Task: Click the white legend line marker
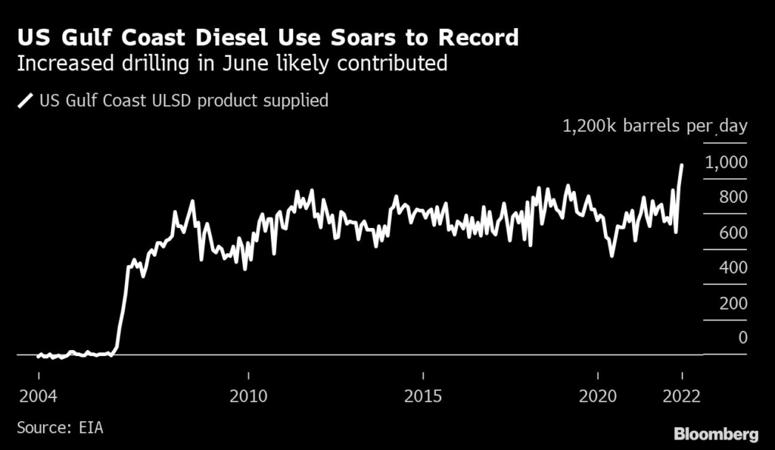tap(25, 100)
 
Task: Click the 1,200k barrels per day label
tap(655, 126)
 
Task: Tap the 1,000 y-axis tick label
tap(726, 162)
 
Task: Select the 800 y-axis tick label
tap(733, 197)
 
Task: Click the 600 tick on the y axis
tap(733, 233)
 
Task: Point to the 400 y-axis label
tap(733, 267)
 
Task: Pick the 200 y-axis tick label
tap(733, 303)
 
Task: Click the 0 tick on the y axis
tap(742, 338)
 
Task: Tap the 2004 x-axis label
tap(38, 396)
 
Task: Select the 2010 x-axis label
tap(248, 396)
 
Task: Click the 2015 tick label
tap(423, 396)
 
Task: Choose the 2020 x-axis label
tap(598, 396)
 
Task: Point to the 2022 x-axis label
tap(680, 396)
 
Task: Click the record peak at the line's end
tap(682, 164)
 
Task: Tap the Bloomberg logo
tap(716, 433)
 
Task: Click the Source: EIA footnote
tap(60, 428)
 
